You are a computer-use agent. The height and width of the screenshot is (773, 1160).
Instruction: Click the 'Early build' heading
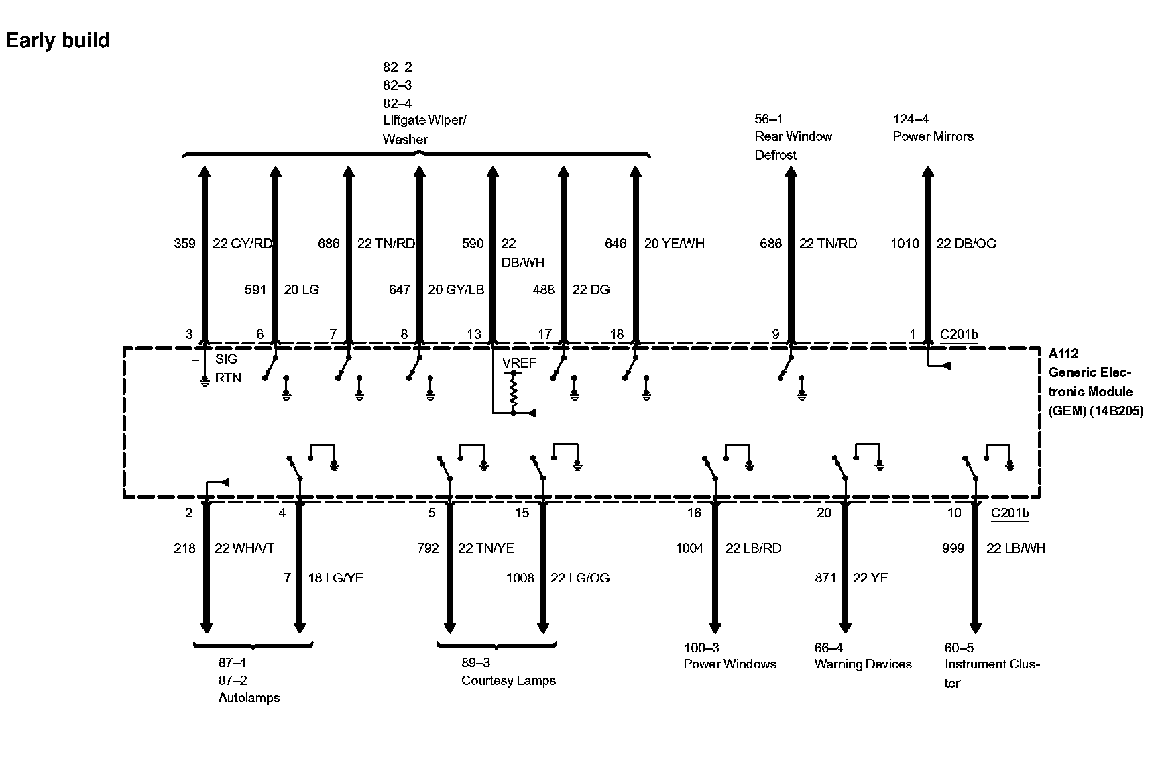pos(58,40)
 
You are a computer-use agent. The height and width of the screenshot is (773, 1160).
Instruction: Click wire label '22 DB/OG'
pos(966,244)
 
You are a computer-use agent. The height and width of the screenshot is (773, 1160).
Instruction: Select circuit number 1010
pos(905,244)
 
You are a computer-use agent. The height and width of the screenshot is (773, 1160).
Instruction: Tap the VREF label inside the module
pos(519,363)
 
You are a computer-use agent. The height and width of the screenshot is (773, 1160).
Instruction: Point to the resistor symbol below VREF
pos(514,392)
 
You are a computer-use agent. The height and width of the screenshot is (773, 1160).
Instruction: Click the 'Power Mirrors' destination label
pos(933,136)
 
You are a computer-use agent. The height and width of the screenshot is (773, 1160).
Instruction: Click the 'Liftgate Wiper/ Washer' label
pos(424,130)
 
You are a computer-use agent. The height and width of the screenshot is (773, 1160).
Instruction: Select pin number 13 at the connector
pos(474,334)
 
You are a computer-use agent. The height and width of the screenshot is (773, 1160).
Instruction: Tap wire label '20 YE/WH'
pos(674,244)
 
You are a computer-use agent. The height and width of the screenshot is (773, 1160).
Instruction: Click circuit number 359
pos(184,244)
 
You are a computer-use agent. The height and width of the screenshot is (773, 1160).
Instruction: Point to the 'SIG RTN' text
pos(227,368)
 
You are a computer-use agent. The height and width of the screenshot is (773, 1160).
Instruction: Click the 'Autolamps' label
pos(249,697)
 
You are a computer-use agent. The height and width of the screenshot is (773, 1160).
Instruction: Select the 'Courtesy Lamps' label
pos(508,680)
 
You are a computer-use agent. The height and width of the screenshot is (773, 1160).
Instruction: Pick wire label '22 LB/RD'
pos(753,548)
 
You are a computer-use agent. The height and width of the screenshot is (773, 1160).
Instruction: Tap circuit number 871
pos(825,578)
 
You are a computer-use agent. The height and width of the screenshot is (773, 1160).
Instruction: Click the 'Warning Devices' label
pos(863,664)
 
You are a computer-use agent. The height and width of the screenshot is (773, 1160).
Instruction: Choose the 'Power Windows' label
pos(730,664)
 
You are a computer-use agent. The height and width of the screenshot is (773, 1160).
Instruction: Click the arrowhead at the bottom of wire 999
pos(976,628)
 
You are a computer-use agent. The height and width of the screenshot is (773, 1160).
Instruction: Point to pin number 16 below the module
pos(693,513)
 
